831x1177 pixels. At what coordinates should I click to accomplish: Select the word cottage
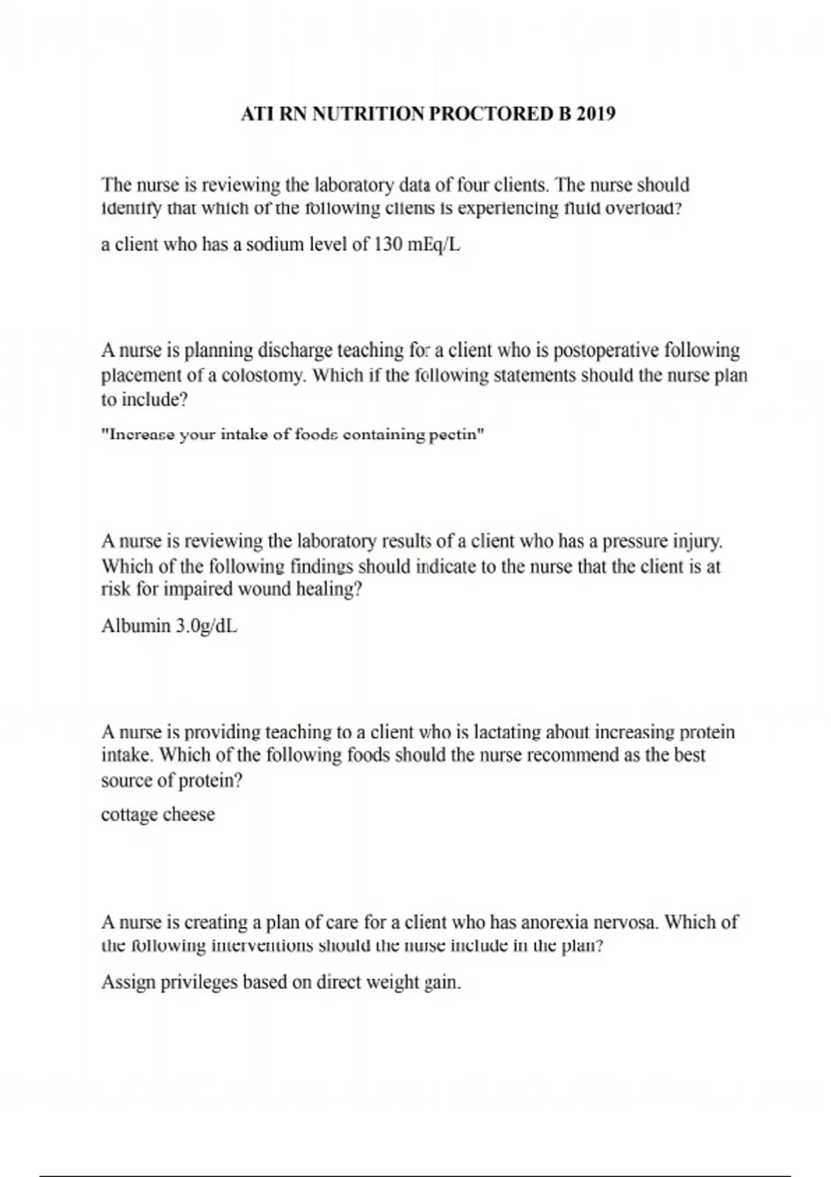click(x=129, y=815)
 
